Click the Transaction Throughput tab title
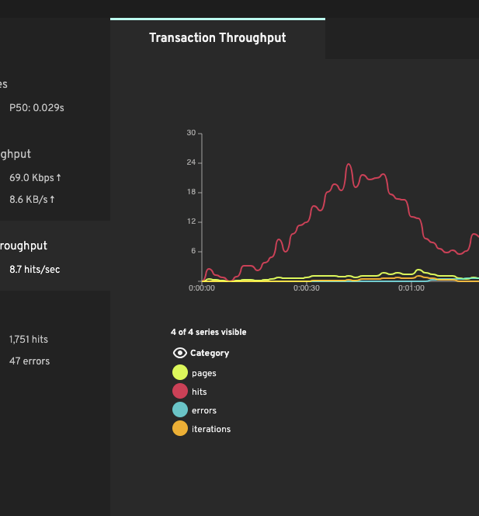click(217, 38)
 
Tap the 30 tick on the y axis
click(191, 133)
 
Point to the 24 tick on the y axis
click(191, 162)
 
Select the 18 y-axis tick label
click(191, 192)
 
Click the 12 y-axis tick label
click(191, 221)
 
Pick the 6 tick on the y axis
click(193, 251)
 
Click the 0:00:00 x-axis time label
click(202, 288)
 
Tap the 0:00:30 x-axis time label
click(307, 288)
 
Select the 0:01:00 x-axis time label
click(411, 288)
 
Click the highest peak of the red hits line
click(349, 165)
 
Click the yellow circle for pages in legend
click(179, 373)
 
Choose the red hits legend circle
click(179, 392)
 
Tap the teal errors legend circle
click(179, 410)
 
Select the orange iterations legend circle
click(179, 429)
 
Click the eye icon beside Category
click(179, 353)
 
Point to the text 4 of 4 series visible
click(208, 332)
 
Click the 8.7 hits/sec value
click(34, 270)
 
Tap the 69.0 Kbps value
click(35, 178)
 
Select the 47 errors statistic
click(30, 361)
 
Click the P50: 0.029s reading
click(36, 108)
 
